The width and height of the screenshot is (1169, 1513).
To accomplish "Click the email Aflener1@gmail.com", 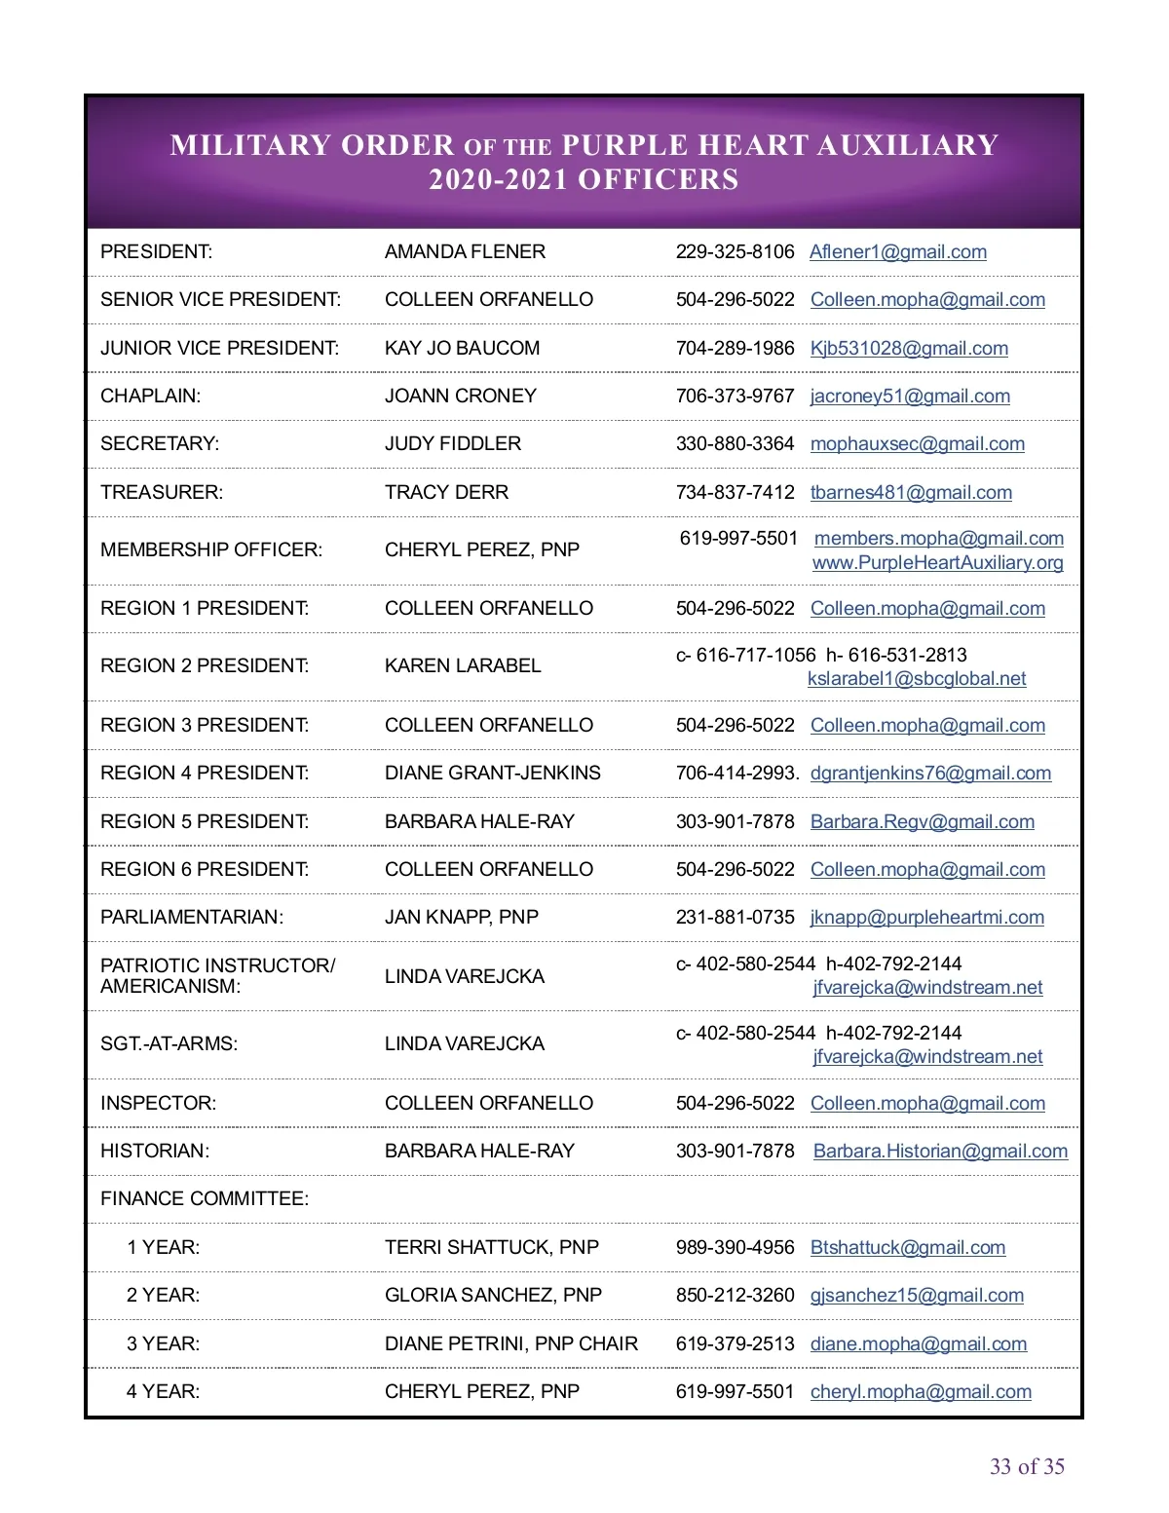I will point(897,252).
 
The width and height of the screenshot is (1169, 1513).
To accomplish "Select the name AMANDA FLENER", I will point(465,252).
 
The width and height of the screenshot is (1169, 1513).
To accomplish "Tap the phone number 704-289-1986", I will point(735,348).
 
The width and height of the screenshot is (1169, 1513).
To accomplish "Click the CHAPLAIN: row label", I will point(150,396).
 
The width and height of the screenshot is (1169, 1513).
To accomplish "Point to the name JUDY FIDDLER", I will point(452,444).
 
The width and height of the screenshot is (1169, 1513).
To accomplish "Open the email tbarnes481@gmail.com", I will point(911,493).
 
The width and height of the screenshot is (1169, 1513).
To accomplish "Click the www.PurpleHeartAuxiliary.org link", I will point(937,563).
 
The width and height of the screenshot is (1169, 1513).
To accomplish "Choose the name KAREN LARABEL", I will point(462,666).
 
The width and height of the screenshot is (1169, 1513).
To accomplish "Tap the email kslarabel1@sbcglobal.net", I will point(917,679).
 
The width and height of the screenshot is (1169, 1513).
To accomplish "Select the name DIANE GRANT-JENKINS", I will point(492,774).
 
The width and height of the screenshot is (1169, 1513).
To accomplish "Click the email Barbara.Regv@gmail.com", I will point(922,822).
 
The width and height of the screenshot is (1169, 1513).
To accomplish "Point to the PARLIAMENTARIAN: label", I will point(191,918).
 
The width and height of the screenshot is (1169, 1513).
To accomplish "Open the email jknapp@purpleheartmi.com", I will point(926,918).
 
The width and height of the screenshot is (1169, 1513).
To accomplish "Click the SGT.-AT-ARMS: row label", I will point(169,1044).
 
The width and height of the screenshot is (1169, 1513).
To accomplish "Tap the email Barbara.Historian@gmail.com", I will point(940,1152).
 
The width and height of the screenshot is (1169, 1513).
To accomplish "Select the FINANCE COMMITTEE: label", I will point(204,1199).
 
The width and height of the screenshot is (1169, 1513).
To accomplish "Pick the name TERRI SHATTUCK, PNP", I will point(491,1248).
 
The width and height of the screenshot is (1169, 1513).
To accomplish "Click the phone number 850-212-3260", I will point(735,1296).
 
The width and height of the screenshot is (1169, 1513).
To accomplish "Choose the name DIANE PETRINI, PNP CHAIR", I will point(510,1344).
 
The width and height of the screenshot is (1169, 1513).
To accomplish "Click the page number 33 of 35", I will point(1027,1467).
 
